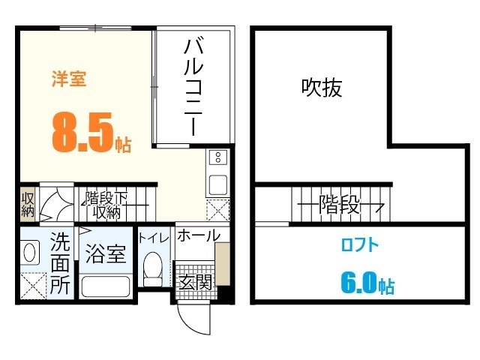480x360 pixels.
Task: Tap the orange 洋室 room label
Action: click(x=69, y=79)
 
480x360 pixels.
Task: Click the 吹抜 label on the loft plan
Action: click(x=322, y=88)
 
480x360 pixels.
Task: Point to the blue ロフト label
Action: click(x=360, y=244)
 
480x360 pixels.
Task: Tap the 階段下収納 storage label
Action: click(x=107, y=205)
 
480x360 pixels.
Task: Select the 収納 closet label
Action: click(x=27, y=204)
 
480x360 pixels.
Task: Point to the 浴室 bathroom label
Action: click(x=104, y=254)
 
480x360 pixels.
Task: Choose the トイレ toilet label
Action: click(x=153, y=236)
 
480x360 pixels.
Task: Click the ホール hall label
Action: click(x=198, y=235)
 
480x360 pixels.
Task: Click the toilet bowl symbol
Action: click(x=152, y=268)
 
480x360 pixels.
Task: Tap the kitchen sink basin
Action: click(x=217, y=184)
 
